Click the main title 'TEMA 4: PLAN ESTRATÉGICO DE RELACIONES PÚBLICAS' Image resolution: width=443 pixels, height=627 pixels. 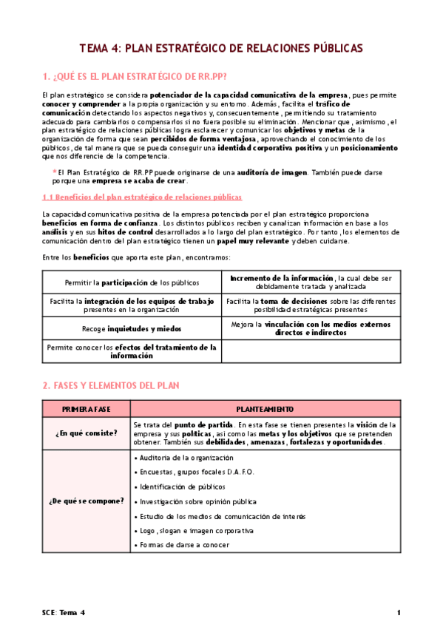(221, 49)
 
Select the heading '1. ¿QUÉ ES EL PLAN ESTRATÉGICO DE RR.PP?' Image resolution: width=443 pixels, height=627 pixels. (135, 76)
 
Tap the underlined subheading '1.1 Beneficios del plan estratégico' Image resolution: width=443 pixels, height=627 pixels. (141, 197)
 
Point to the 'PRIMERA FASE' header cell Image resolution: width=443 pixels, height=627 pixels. (86, 409)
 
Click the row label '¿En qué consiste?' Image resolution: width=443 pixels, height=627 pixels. (86, 433)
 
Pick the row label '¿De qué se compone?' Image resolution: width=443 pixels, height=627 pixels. (86, 501)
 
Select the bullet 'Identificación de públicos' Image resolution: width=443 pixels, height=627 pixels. (181, 487)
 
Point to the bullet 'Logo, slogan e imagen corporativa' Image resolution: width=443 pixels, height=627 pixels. (196, 531)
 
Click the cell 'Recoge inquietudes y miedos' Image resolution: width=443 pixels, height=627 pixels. (132, 328)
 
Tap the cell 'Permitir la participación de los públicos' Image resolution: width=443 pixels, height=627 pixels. (132, 282)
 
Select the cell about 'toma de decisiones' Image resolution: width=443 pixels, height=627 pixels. (311, 305)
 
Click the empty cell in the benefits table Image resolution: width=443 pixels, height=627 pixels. (311, 350)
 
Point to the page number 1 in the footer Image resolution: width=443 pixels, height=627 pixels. (399, 613)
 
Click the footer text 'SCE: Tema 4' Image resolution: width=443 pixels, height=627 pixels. (64, 613)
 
